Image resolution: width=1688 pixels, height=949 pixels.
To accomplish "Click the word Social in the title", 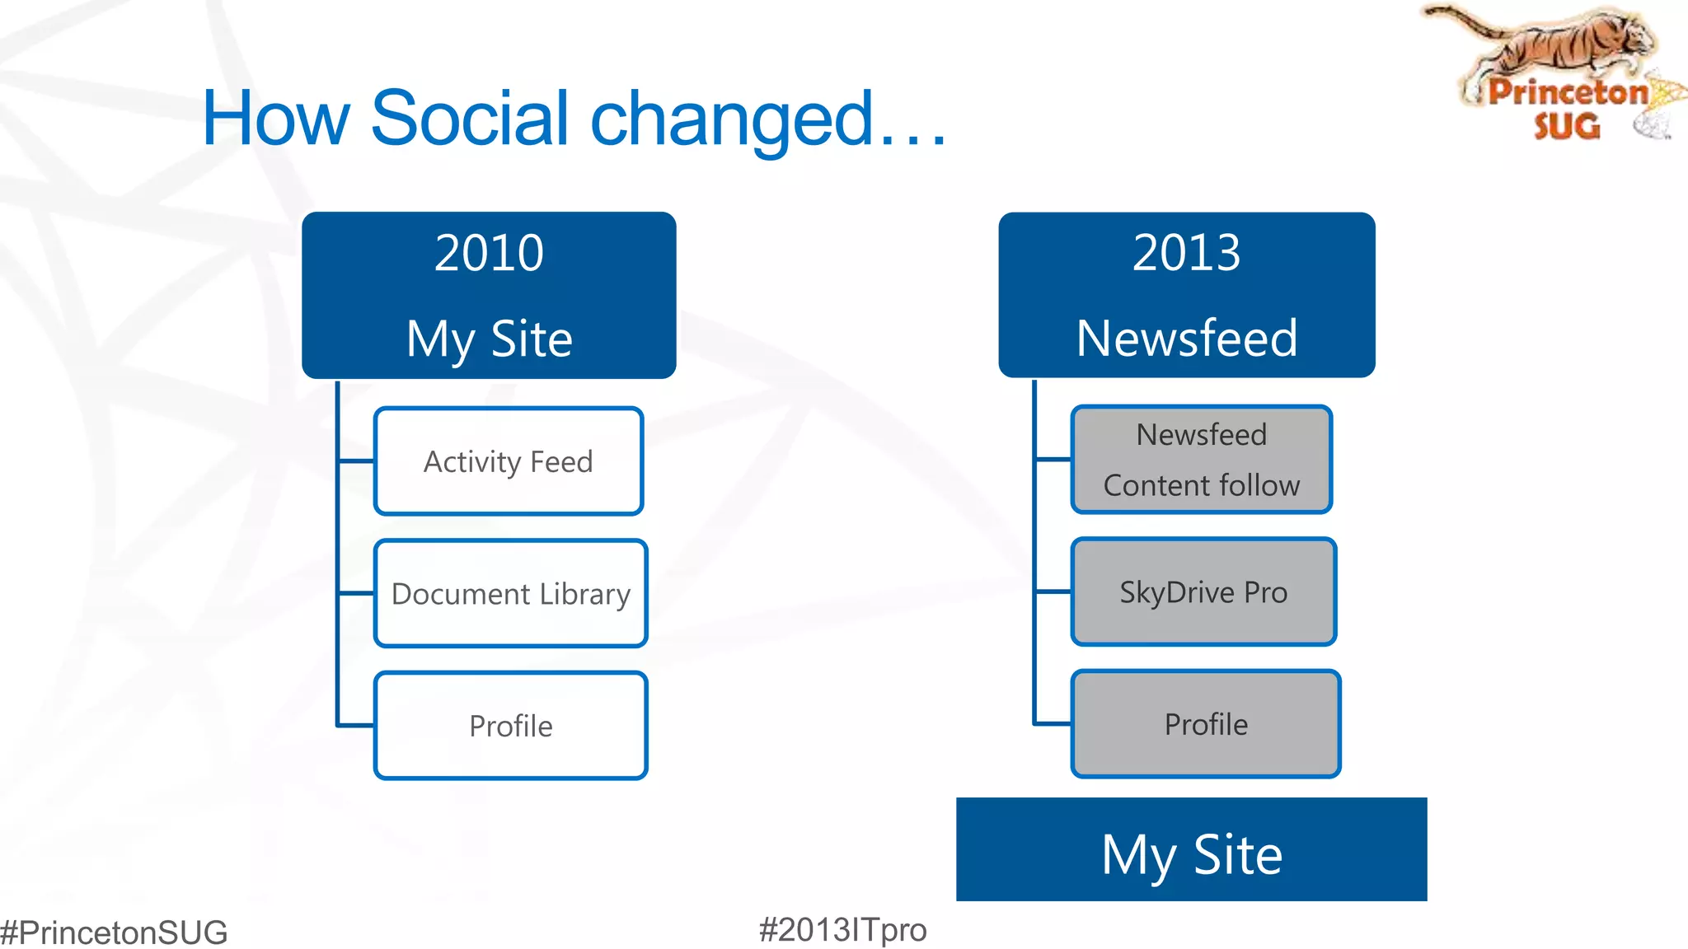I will [x=470, y=119].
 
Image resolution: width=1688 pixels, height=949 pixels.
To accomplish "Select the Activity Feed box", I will [x=509, y=461].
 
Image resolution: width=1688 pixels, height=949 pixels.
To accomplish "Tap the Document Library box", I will [x=511, y=593].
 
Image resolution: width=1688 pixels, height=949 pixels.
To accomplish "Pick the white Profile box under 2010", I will [x=511, y=726].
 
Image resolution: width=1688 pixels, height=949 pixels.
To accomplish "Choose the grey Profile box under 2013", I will [x=1206, y=724].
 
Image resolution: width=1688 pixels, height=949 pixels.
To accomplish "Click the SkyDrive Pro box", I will [x=1203, y=591].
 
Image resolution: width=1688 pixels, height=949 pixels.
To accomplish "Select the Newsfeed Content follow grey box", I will [x=1202, y=460].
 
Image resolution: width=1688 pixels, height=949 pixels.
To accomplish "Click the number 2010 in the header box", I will [x=489, y=253].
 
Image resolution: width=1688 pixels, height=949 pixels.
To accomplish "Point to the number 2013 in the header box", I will [x=1186, y=252].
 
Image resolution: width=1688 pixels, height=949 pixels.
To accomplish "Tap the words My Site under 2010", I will [x=489, y=339].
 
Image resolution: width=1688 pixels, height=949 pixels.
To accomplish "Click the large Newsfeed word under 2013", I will [x=1187, y=339].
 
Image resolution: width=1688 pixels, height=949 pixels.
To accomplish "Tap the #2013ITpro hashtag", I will [x=842, y=930].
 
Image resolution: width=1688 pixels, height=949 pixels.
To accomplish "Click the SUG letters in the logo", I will [x=1567, y=126].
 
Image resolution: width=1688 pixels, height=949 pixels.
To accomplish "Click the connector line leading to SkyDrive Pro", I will [x=1053, y=591].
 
